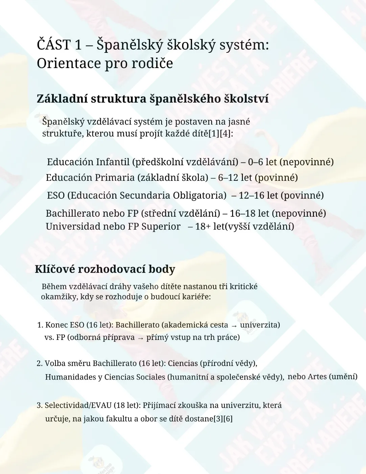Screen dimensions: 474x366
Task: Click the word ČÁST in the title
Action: pos(54,45)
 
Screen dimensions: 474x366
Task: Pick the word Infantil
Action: pos(113,162)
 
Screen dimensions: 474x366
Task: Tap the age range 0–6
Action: pos(255,162)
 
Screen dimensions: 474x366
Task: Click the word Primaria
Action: pos(115,177)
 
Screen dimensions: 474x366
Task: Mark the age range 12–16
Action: pos(251,195)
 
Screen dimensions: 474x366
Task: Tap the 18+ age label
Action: pos(203,227)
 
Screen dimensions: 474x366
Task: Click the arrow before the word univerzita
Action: pos(234,326)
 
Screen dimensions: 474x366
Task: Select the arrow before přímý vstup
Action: pos(140,338)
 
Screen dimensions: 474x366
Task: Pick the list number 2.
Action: pos(39,363)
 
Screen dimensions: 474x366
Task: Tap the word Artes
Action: pos(317,376)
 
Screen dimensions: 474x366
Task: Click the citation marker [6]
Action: pos(228,419)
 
